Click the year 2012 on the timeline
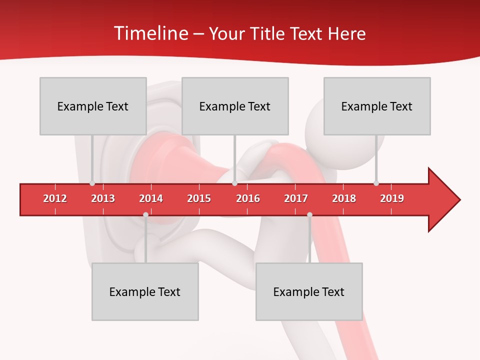click(55, 198)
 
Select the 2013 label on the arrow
click(103, 198)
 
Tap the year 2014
click(151, 198)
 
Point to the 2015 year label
click(199, 198)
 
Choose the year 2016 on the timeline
click(248, 198)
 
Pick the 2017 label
click(296, 198)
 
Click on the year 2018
click(344, 198)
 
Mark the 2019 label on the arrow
click(392, 198)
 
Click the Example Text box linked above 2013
click(93, 106)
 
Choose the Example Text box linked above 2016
click(235, 106)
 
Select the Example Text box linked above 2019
click(377, 106)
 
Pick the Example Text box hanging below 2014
click(145, 291)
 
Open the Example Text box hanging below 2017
click(309, 291)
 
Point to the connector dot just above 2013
click(92, 183)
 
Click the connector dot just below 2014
click(145, 214)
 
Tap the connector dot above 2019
click(376, 183)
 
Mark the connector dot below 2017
click(309, 214)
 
